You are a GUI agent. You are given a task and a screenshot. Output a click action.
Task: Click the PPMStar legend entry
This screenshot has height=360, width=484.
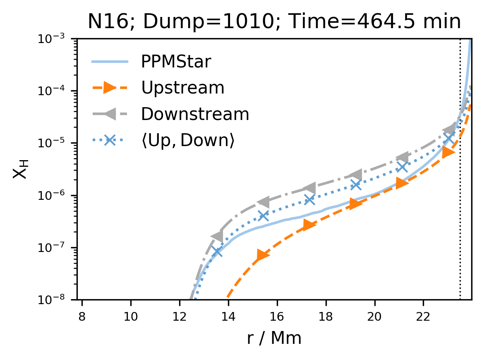tap(176, 62)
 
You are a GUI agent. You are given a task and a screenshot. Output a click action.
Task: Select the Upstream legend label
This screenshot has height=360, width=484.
tap(182, 88)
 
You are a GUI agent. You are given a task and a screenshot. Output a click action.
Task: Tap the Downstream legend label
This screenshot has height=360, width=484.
tap(195, 114)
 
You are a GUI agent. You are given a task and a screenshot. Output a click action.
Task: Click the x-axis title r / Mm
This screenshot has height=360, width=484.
tap(274, 338)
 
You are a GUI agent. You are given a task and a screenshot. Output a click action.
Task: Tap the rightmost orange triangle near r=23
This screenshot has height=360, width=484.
tap(448, 152)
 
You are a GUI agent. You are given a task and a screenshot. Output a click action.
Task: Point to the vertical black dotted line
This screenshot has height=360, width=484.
tap(460, 207)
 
